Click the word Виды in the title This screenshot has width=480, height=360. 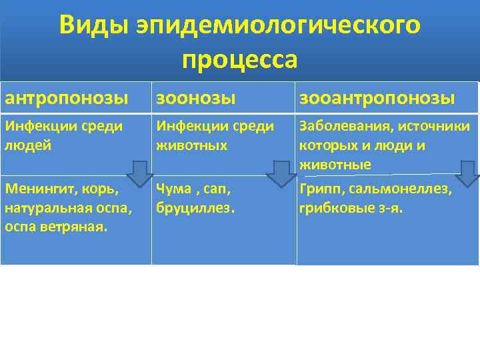[93, 25]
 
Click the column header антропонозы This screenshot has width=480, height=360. [67, 99]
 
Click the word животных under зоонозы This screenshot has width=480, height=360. [189, 145]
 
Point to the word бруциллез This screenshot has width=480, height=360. [195, 209]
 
